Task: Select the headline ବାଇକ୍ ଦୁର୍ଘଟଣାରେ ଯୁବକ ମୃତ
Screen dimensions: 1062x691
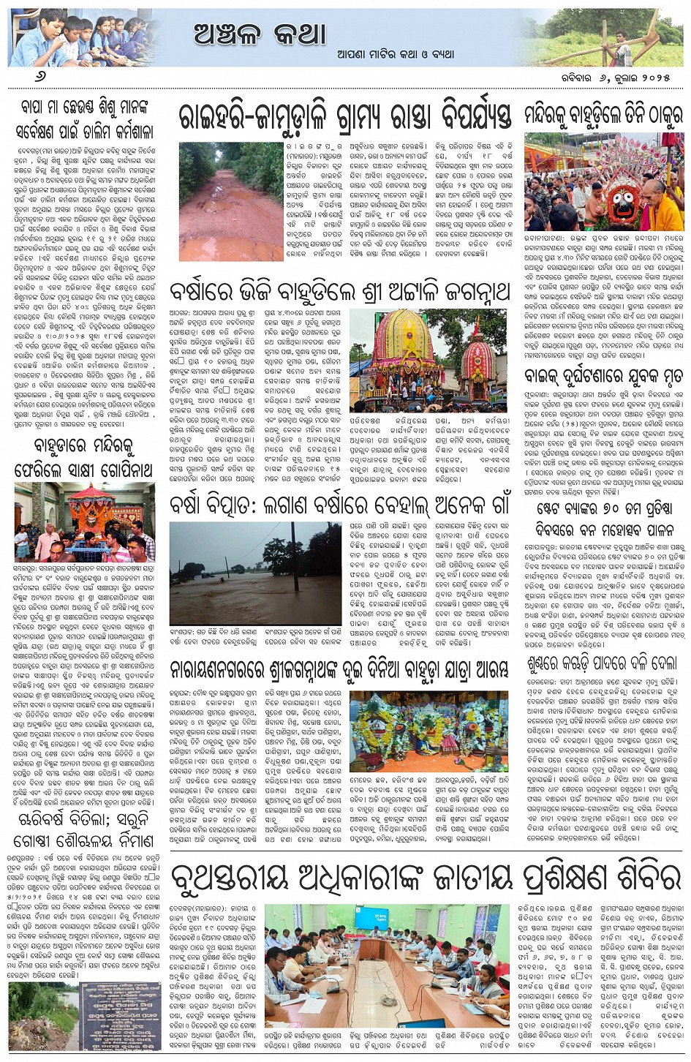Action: pos(603,377)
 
